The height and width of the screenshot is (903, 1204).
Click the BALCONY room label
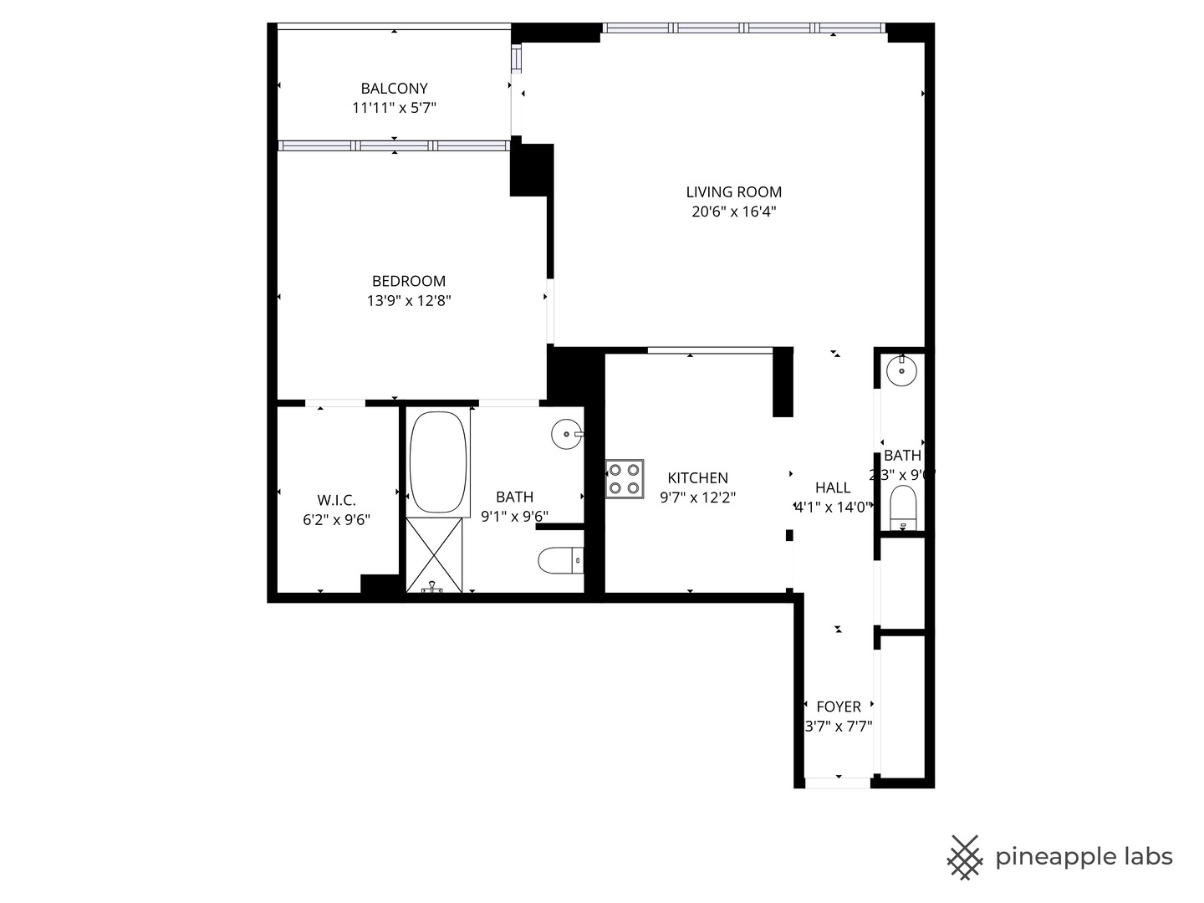[394, 88]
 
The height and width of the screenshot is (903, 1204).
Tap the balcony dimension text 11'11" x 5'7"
[394, 108]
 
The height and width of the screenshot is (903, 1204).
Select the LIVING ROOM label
[733, 192]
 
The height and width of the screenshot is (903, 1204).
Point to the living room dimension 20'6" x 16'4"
[733, 212]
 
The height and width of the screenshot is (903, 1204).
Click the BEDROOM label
[408, 281]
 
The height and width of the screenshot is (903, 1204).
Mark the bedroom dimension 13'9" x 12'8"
[408, 301]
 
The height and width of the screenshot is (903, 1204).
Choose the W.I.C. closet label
[336, 500]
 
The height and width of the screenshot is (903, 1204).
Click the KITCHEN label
[697, 477]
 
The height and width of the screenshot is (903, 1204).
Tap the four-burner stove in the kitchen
[625, 479]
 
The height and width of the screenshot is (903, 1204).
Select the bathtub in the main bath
[438, 462]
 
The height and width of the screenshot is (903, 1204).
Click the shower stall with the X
[434, 555]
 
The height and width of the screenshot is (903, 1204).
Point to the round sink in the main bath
[567, 434]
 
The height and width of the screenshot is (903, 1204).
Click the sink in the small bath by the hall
[901, 370]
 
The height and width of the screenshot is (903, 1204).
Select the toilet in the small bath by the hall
[903, 508]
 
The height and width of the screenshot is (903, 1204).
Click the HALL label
[833, 487]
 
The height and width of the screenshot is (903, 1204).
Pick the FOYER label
[839, 707]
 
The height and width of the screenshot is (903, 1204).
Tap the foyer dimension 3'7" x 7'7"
[839, 727]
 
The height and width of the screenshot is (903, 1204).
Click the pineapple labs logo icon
[964, 857]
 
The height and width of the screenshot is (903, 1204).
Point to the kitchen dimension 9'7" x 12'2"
[697, 497]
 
